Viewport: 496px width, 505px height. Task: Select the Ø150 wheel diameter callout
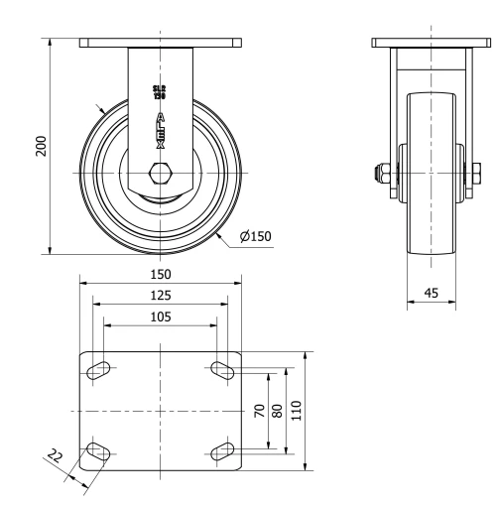click(255, 236)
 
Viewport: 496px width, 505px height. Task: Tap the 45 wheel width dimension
click(431, 293)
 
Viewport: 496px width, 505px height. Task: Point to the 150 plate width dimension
click(160, 274)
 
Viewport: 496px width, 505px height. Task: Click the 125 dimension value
click(160, 295)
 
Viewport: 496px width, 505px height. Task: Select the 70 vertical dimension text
click(261, 412)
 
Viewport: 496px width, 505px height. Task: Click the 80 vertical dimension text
click(279, 412)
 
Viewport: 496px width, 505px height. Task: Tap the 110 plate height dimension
click(298, 412)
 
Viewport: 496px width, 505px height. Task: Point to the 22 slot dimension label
click(55, 458)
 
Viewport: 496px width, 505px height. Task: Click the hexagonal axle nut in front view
click(159, 174)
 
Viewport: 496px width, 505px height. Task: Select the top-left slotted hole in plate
click(99, 371)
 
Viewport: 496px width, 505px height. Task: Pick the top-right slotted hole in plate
click(220, 371)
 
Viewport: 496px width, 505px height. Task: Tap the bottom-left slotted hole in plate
click(99, 452)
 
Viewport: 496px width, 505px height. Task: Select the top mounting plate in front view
click(160, 44)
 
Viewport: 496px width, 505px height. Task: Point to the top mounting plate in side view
click(431, 44)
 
